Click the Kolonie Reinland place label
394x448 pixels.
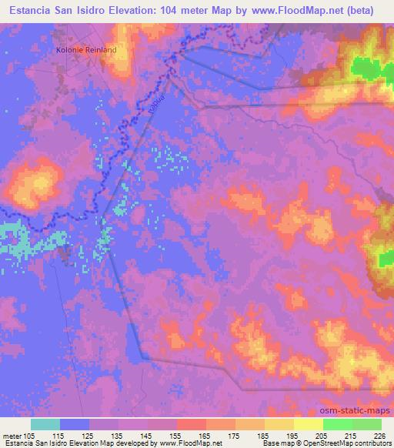pos(87,50)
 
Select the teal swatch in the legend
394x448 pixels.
pos(45,424)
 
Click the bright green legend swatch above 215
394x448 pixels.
pos(337,424)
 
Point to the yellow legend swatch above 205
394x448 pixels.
pos(308,424)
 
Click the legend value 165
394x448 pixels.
pos(204,435)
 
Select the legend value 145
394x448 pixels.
pos(145,435)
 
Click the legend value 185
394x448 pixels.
pos(262,435)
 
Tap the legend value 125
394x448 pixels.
pos(87,435)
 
